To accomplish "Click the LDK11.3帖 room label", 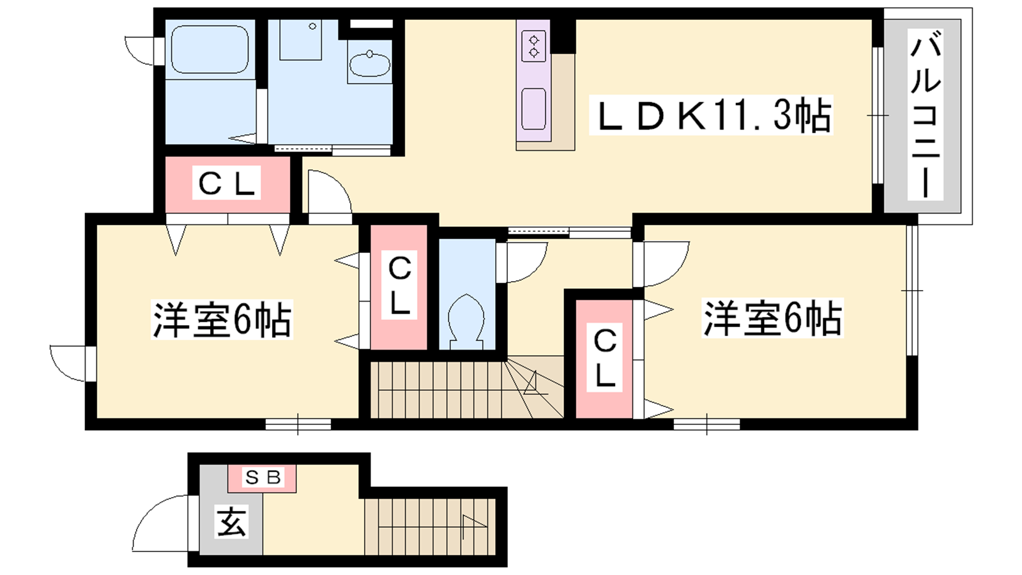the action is pyautogui.click(x=711, y=115).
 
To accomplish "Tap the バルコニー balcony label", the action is pyautogui.click(x=926, y=115).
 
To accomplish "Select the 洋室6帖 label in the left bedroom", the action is pyautogui.click(x=222, y=319).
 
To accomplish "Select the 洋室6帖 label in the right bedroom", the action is pyautogui.click(x=772, y=318).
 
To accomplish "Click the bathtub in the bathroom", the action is pyautogui.click(x=210, y=49).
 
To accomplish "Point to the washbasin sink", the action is pyautogui.click(x=370, y=64).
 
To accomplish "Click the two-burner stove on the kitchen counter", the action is pyautogui.click(x=533, y=45).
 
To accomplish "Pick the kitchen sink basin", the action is pyautogui.click(x=533, y=109).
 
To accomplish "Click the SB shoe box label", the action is pyautogui.click(x=263, y=477).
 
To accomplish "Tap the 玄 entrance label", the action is pyautogui.click(x=231, y=521).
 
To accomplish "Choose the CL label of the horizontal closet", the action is pyautogui.click(x=226, y=183).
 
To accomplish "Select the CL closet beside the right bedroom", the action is pyautogui.click(x=604, y=358).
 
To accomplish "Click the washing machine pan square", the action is pyautogui.click(x=300, y=40).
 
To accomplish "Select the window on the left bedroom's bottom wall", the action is pyautogui.click(x=298, y=424).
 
